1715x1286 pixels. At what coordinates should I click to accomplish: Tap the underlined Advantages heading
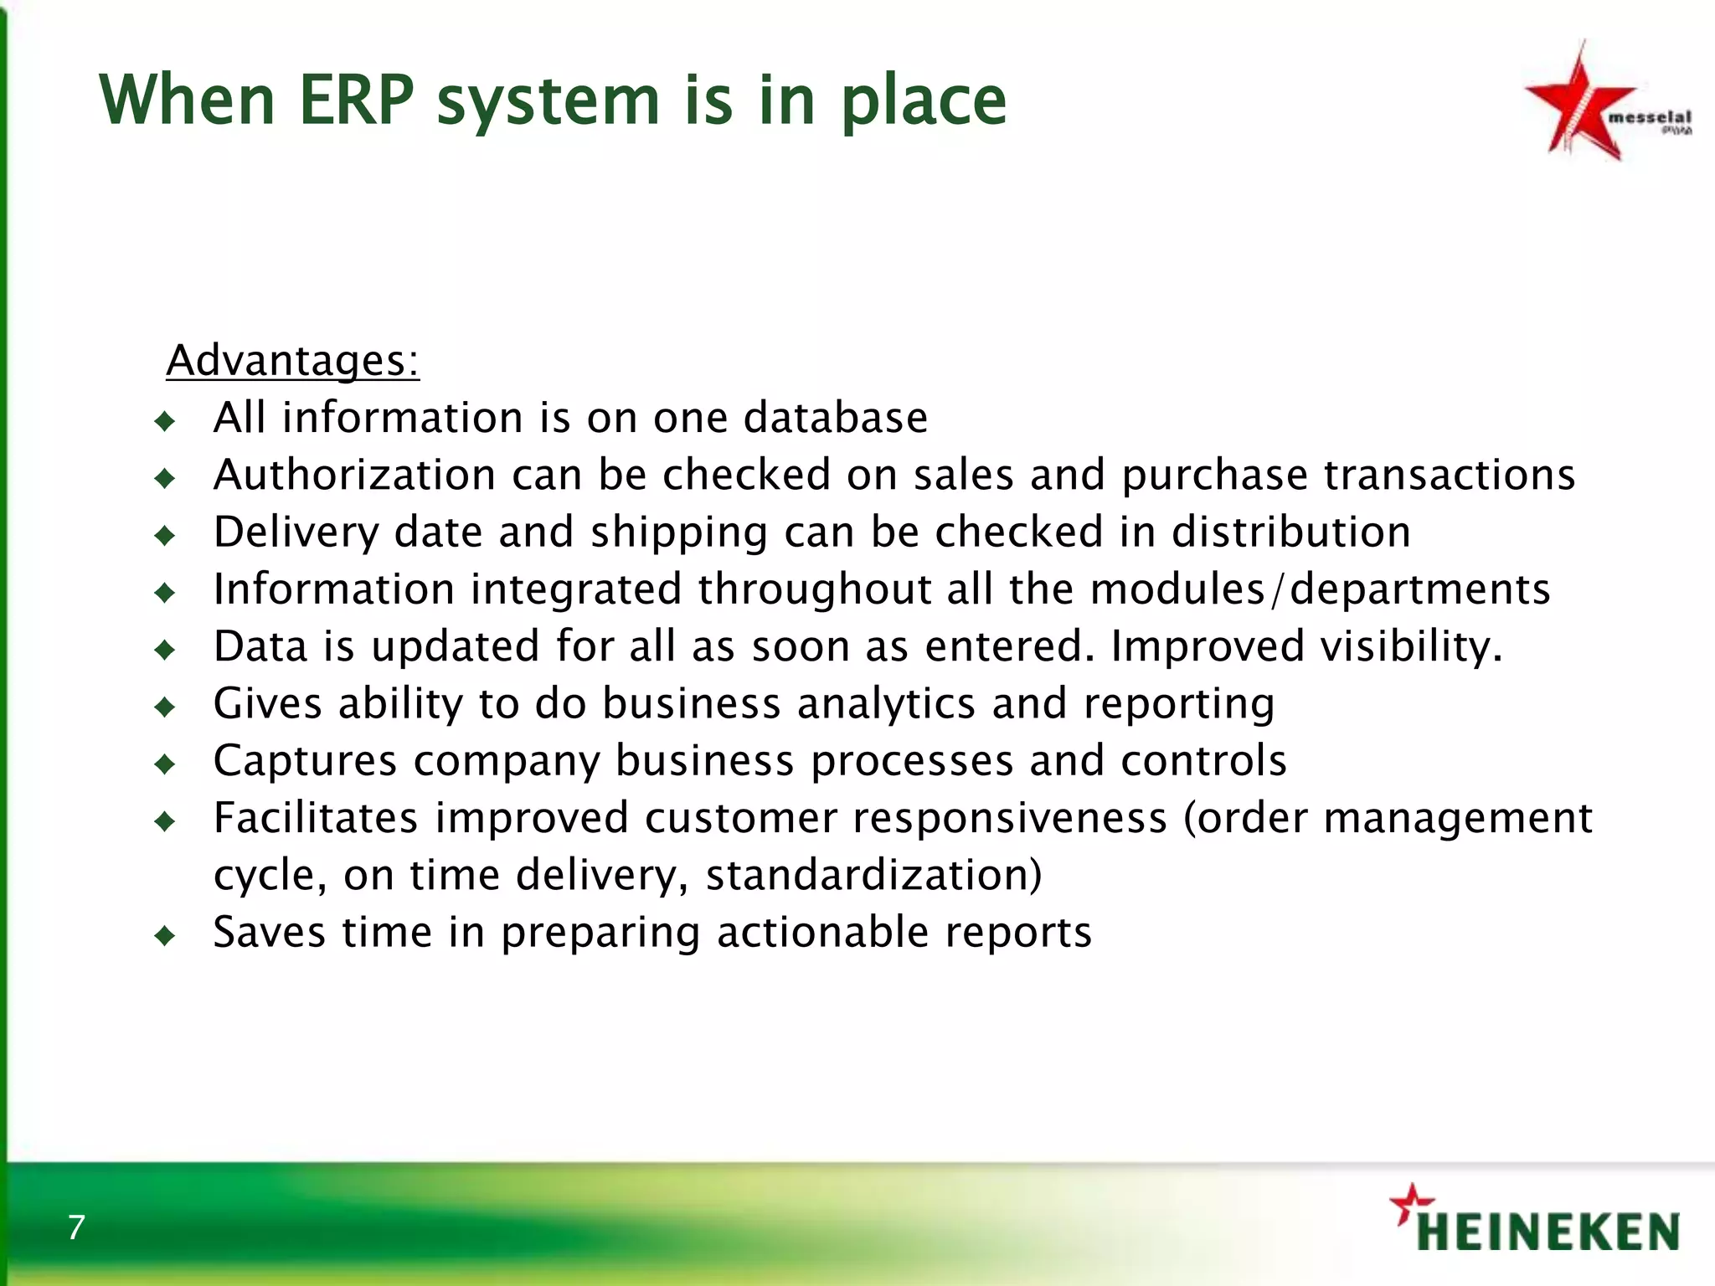pos(292,362)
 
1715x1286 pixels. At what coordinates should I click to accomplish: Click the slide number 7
pos(76,1227)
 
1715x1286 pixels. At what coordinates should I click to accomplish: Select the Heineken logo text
pos(1548,1232)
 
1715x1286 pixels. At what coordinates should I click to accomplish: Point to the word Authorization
pos(355,475)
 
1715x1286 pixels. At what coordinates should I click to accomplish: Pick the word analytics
pos(886,703)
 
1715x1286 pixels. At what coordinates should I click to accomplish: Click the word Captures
pos(305,760)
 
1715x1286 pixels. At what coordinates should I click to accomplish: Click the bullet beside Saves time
pos(165,935)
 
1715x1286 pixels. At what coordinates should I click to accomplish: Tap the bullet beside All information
pos(165,420)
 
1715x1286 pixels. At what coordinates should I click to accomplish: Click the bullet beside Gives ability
pos(165,707)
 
